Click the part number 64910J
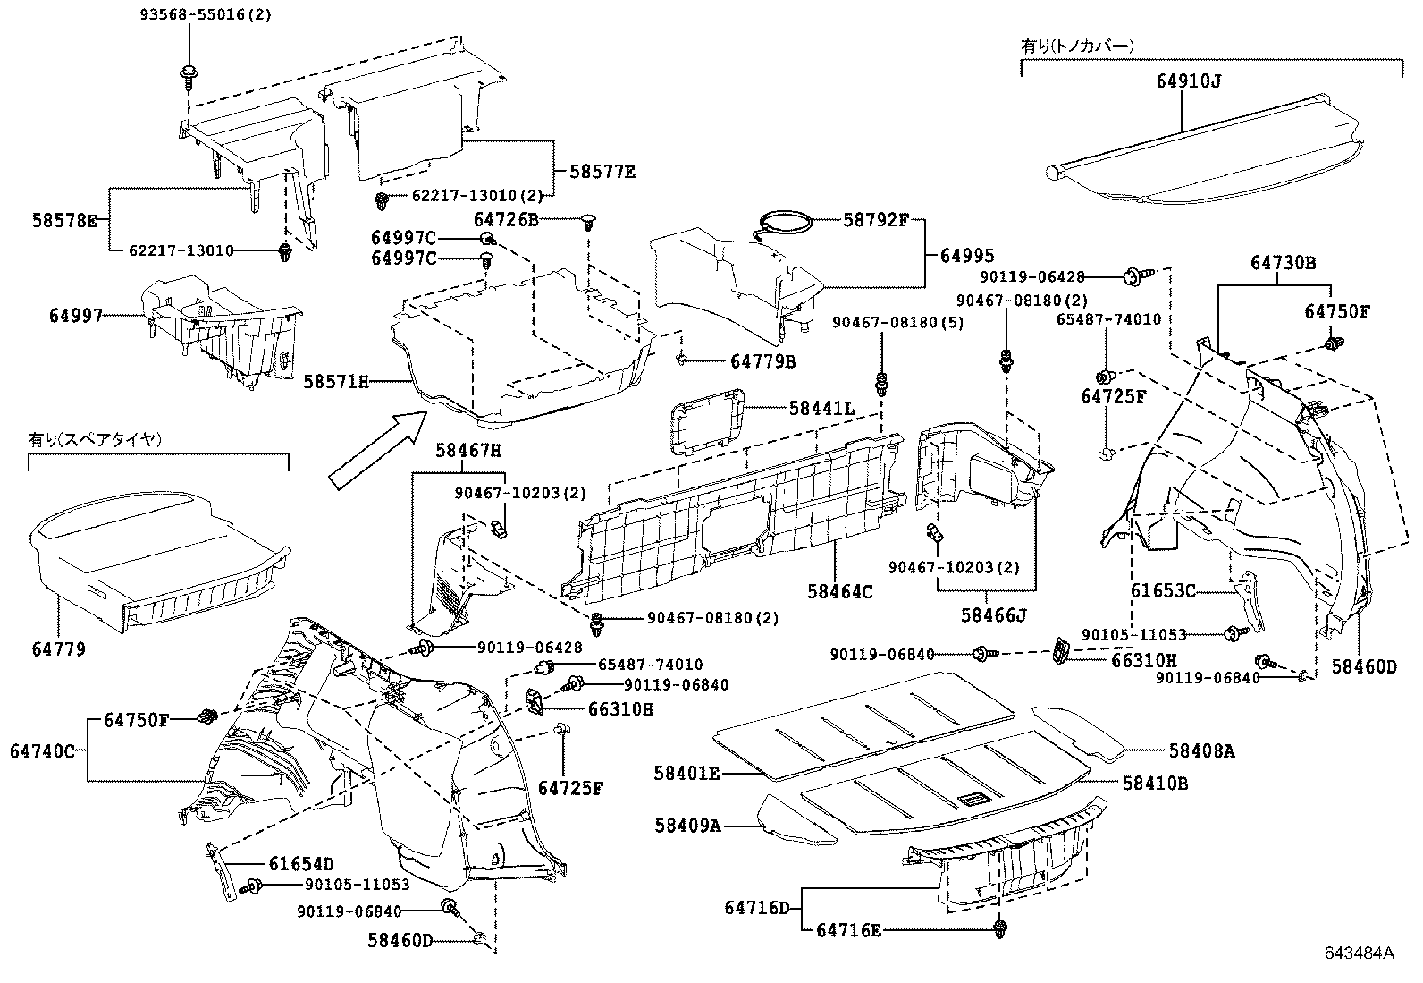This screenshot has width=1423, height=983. (x=1188, y=81)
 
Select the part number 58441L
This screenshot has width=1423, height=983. (x=821, y=409)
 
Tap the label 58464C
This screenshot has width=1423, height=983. (x=840, y=591)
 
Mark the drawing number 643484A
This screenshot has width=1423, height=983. (x=1360, y=953)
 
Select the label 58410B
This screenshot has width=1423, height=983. (x=1156, y=783)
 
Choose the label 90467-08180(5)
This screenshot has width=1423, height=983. (x=897, y=322)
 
